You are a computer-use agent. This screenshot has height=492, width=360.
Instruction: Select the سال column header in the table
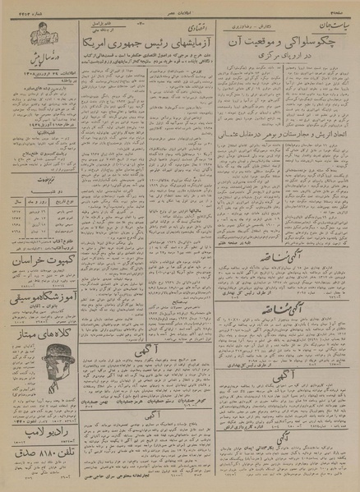point(14,200)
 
